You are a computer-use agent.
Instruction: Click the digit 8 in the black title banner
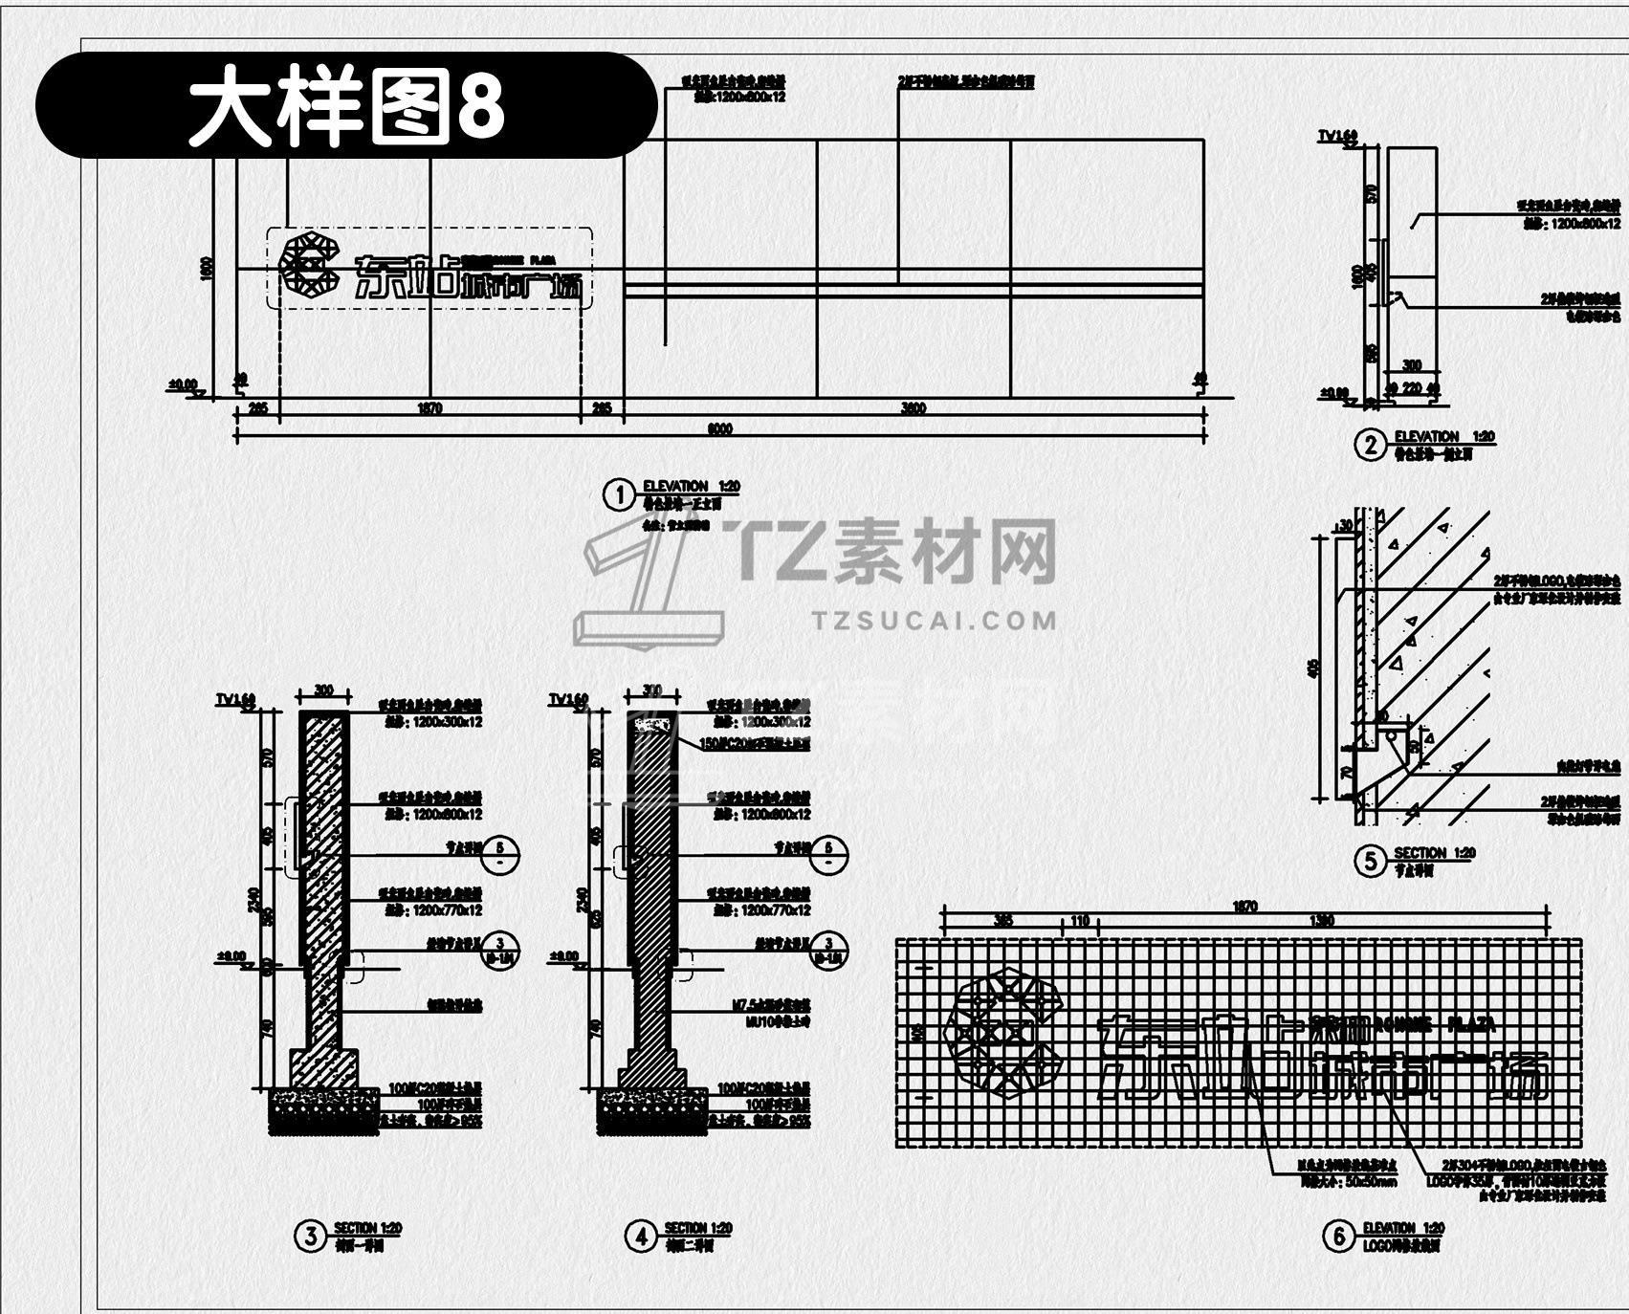(481, 105)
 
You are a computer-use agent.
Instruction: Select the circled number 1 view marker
(620, 494)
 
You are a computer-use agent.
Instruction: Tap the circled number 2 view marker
(1371, 444)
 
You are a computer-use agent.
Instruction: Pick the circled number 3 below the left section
(310, 1237)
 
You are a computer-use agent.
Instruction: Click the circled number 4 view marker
(641, 1237)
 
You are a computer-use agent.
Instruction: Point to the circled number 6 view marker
(1338, 1237)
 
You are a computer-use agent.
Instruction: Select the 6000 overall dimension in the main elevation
(719, 429)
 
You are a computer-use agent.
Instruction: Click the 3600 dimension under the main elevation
(914, 408)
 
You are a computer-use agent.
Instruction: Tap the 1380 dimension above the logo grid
(1321, 921)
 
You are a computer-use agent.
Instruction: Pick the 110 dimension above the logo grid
(1080, 921)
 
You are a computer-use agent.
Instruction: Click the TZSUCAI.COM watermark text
(935, 621)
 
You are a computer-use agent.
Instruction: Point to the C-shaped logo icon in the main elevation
(309, 266)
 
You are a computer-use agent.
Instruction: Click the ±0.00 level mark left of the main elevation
(183, 385)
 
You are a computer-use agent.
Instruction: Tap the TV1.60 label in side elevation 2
(1337, 137)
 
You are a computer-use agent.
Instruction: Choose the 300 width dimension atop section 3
(324, 690)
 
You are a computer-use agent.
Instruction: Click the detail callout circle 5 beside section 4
(828, 853)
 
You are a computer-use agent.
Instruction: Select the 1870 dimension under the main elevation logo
(430, 408)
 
